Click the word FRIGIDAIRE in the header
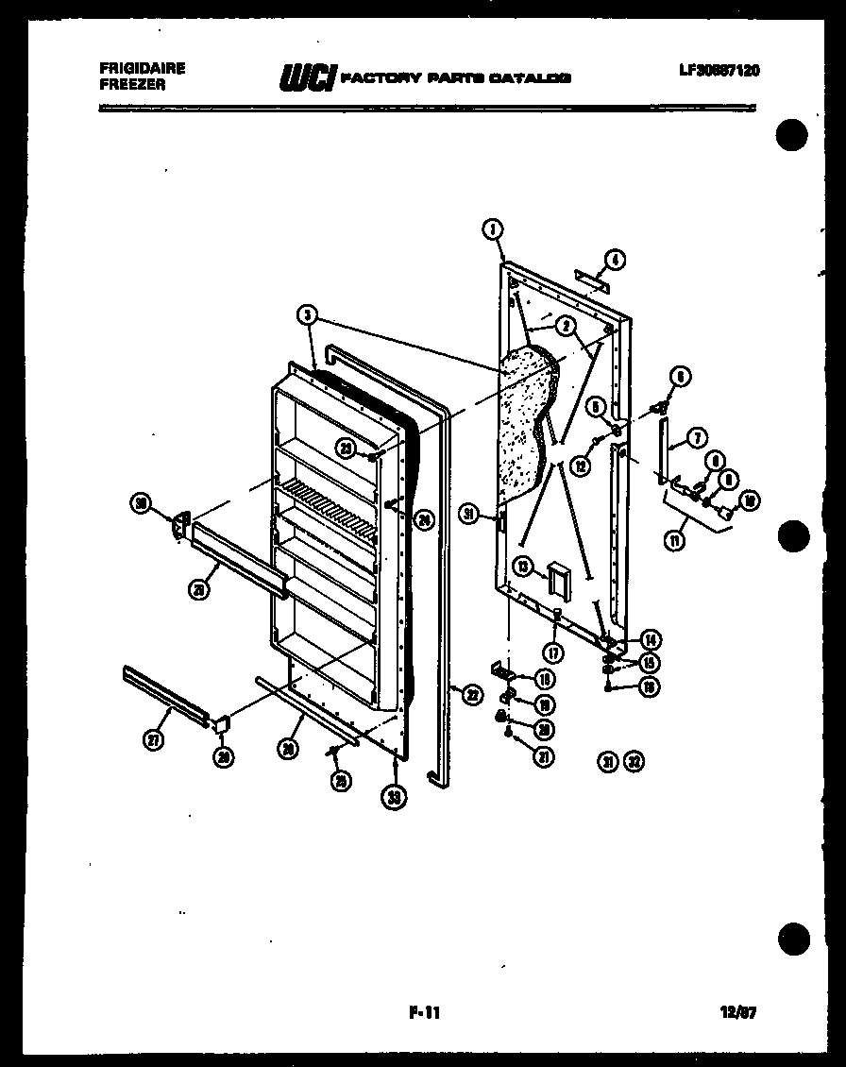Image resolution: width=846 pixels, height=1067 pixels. (x=142, y=69)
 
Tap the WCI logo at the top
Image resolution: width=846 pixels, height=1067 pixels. (x=306, y=78)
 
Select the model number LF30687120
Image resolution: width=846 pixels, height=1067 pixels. (x=719, y=70)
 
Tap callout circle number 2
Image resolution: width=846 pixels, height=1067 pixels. (x=567, y=327)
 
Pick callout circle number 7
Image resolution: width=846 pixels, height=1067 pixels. (x=697, y=438)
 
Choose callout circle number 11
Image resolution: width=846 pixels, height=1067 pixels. (x=676, y=541)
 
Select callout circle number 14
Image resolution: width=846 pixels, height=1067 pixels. (x=650, y=637)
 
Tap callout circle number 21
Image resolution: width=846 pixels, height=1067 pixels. (x=545, y=755)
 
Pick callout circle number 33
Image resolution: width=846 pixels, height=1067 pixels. (x=395, y=796)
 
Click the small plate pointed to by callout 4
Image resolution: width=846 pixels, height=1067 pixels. (x=592, y=279)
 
